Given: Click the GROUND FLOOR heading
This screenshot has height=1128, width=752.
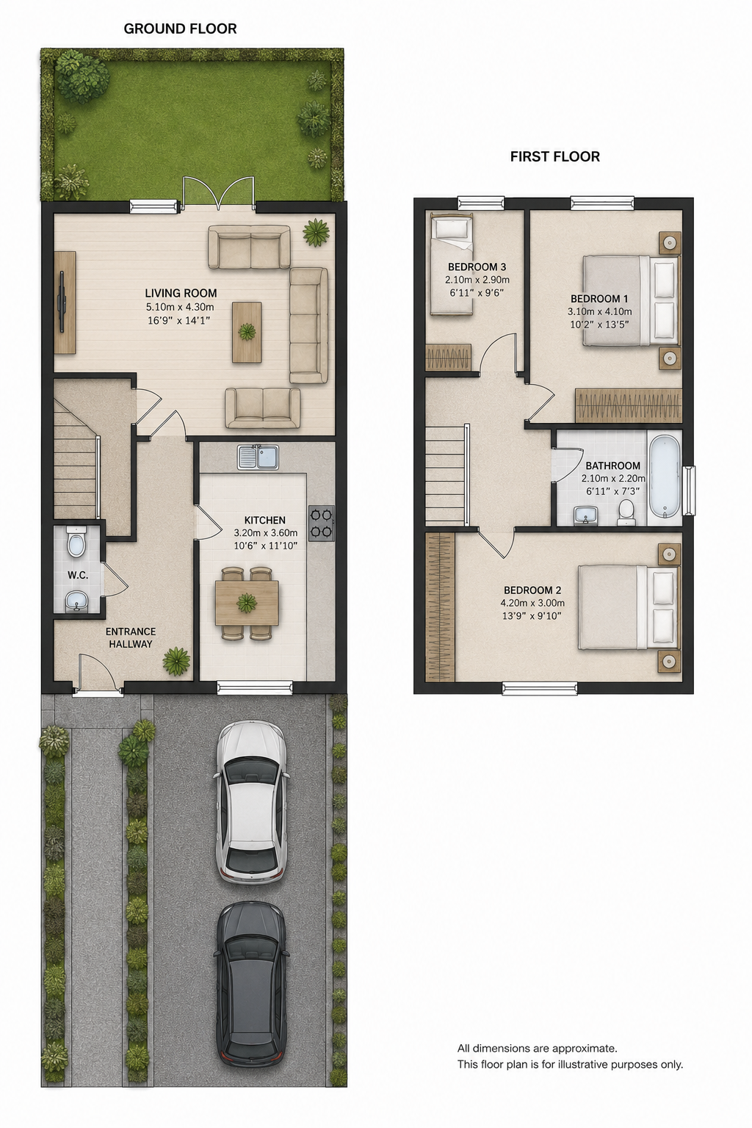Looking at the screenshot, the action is [x=181, y=29].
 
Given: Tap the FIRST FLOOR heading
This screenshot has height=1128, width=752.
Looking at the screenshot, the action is [x=555, y=156].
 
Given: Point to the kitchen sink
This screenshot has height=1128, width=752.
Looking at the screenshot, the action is [x=258, y=457].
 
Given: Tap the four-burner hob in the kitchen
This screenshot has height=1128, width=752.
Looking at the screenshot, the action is [x=322, y=523].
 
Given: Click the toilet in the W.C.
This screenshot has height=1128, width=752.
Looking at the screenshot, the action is [x=76, y=542].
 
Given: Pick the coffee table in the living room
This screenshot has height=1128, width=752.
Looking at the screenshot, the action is [x=247, y=332].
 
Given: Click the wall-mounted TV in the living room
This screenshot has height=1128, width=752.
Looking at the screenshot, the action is [x=62, y=301].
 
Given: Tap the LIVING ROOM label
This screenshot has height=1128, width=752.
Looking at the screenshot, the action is [x=181, y=293].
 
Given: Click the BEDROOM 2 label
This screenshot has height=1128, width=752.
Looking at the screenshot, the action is [x=532, y=590].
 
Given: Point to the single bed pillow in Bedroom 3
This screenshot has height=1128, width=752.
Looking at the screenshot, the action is [x=452, y=229].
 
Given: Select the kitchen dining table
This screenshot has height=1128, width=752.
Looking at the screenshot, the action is [x=247, y=603].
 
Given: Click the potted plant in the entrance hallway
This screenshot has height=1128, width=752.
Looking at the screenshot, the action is [x=176, y=661].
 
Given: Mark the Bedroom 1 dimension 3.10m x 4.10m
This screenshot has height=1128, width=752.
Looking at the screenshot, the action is [x=599, y=311].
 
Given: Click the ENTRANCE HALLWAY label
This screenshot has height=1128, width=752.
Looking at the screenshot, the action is [x=131, y=637].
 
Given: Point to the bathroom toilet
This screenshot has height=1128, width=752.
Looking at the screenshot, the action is [x=626, y=512].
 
